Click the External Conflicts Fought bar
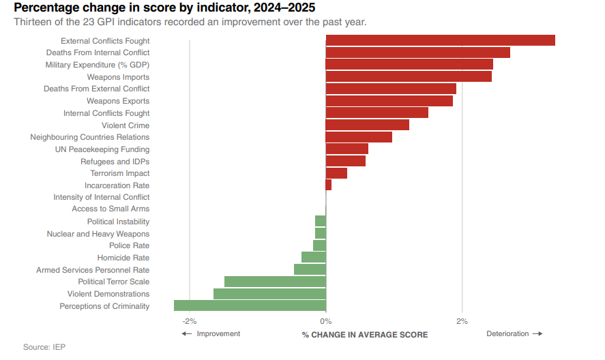[x=440, y=40]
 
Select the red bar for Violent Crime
[x=368, y=125]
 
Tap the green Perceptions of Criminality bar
[x=250, y=305]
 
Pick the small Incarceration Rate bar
[x=329, y=185]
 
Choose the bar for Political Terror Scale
[x=275, y=282]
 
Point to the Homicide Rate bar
[x=314, y=257]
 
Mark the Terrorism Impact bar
[x=336, y=173]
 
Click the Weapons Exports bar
[x=389, y=101]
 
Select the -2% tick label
[x=190, y=321]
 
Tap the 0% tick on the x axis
[x=326, y=321]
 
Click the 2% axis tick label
[x=462, y=321]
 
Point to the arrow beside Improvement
[x=187, y=334]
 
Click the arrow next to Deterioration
[x=537, y=334]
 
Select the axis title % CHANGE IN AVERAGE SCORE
[x=365, y=335]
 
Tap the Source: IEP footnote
[x=44, y=347]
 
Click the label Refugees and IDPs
[x=115, y=162]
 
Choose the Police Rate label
[x=130, y=245]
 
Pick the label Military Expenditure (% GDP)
[x=98, y=65]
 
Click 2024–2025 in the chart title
[x=284, y=7]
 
